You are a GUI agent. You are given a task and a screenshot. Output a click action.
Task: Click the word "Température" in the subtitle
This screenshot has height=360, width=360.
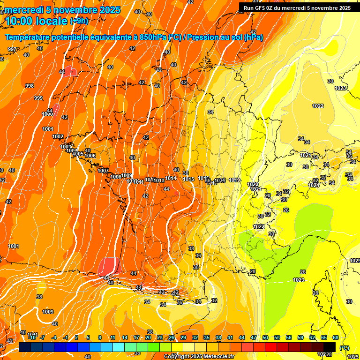(x=28, y=37)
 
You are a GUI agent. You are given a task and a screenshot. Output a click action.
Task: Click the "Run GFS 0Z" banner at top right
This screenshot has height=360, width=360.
(x=262, y=8)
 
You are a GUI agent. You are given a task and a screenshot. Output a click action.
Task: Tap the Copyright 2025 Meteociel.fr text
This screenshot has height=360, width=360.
(x=199, y=357)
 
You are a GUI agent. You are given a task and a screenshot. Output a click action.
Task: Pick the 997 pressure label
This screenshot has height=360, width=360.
(x=12, y=49)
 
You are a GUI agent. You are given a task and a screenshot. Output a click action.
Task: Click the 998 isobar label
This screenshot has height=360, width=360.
(x=30, y=86)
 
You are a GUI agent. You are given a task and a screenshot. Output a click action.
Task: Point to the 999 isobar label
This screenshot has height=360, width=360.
(x=38, y=98)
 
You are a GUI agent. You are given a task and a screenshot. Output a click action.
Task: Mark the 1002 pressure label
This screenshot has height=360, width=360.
(x=58, y=136)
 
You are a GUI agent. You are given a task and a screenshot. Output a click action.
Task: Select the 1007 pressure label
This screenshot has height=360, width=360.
(x=103, y=171)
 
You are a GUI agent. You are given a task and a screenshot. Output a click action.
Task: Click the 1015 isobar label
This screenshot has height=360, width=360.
(x=188, y=179)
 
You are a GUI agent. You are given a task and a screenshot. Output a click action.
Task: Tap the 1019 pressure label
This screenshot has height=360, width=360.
(x=234, y=180)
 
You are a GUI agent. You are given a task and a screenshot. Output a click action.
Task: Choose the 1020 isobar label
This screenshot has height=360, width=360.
(x=252, y=184)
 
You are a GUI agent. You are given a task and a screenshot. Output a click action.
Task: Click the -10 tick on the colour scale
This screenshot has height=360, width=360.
(x=32, y=337)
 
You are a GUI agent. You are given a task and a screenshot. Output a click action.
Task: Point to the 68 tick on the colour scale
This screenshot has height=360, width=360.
(x=336, y=337)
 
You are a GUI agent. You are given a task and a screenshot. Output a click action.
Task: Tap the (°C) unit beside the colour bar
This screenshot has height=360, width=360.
(x=344, y=347)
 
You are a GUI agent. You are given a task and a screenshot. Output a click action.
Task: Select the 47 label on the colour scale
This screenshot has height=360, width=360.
(x=254, y=337)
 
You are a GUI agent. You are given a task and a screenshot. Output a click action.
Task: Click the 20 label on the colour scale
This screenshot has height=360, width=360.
(x=148, y=337)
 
